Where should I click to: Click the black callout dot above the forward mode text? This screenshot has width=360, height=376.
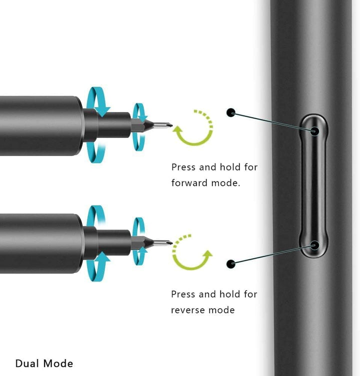pyautogui.click(x=230, y=113)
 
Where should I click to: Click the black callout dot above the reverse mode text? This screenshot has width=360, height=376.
pyautogui.click(x=230, y=263)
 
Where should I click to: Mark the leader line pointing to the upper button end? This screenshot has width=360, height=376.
pyautogui.click(x=272, y=122)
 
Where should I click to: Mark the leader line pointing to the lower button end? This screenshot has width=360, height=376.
pyautogui.click(x=272, y=254)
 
